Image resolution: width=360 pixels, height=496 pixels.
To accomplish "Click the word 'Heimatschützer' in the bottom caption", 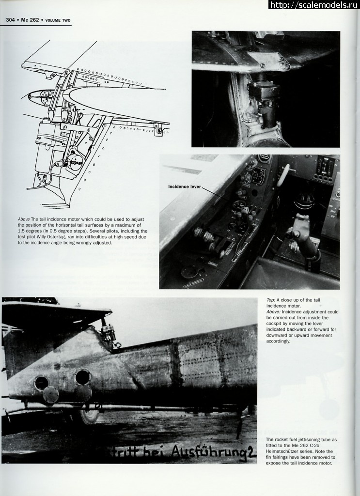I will [283, 451].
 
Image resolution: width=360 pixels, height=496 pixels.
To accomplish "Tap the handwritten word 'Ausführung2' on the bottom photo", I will [213, 452].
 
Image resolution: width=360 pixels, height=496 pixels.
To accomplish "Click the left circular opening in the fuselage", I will [42, 383].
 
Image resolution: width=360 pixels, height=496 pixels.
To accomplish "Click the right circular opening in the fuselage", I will [82, 376].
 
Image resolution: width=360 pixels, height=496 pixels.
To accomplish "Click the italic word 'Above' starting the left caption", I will [24, 219].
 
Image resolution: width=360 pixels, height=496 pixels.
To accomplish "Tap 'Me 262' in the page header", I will [30, 20].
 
